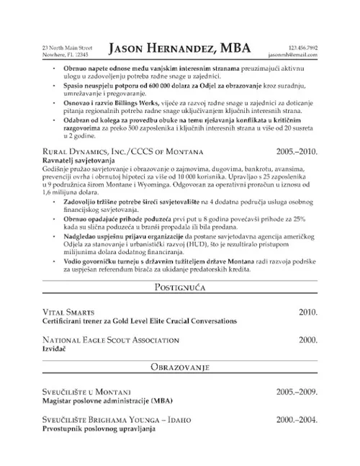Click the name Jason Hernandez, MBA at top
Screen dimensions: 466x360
tap(179, 48)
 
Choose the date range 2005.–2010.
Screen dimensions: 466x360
tap(296, 153)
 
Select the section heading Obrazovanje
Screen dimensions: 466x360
tap(179, 368)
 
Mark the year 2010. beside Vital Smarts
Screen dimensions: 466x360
tap(307, 312)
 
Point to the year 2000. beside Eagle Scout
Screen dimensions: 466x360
tap(307, 339)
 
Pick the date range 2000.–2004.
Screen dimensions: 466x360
tap(296, 418)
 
